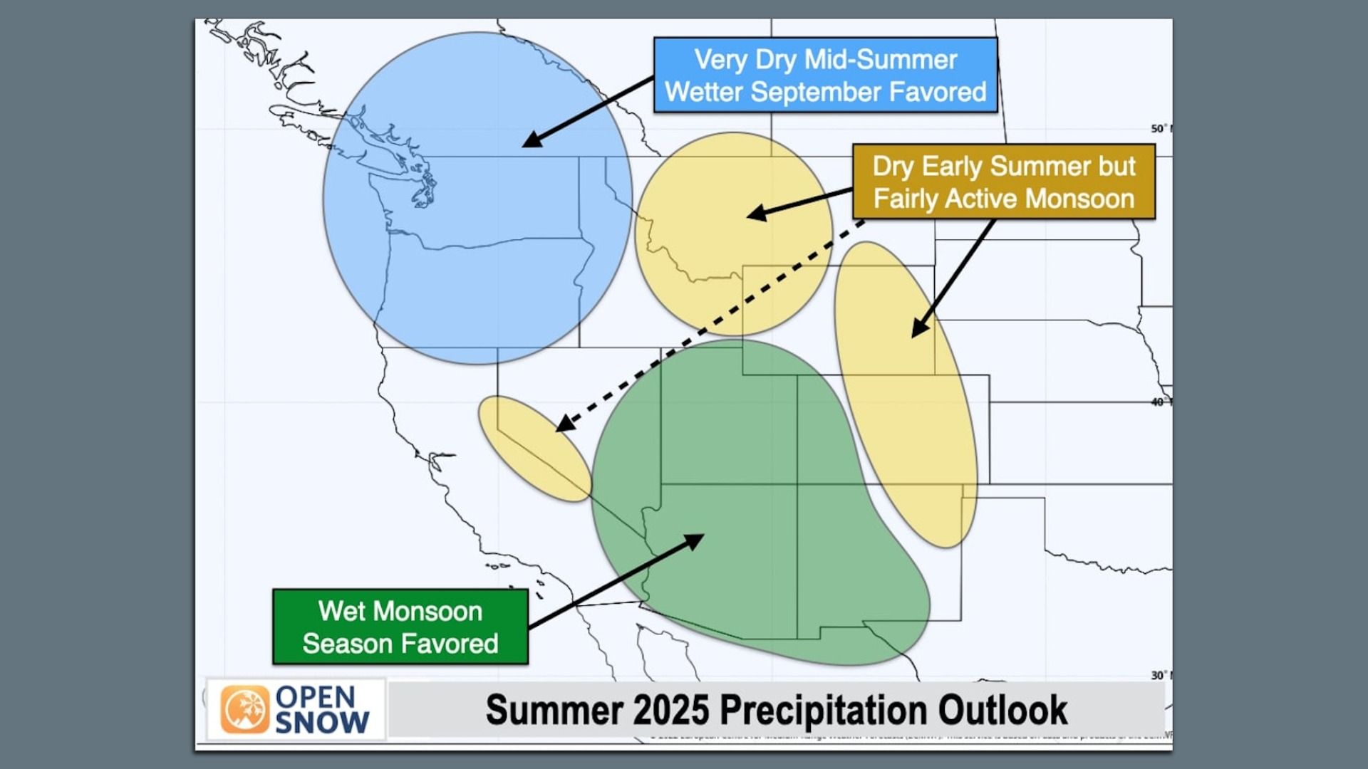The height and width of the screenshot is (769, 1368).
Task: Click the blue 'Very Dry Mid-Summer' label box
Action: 825,75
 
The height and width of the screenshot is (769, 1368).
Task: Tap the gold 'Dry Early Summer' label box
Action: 1003,182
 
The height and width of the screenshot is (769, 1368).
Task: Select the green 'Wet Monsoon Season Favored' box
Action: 400,627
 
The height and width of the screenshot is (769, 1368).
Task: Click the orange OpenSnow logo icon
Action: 244,709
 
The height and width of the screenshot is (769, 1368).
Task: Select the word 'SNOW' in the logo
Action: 321,723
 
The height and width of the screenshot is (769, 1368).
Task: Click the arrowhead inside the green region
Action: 695,540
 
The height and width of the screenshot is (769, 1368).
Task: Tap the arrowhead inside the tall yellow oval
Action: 919,329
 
